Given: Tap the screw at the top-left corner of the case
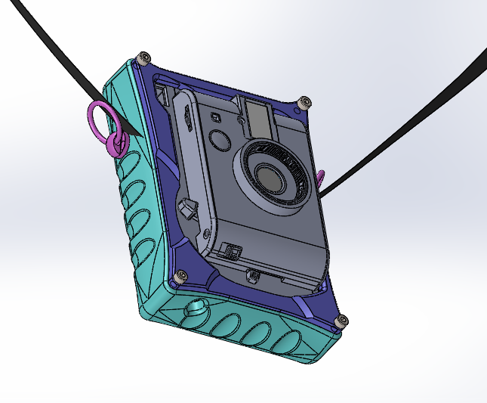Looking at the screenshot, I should [x=144, y=57].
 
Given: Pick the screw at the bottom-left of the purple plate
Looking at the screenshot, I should [x=180, y=277].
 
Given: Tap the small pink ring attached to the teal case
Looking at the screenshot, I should [x=115, y=145].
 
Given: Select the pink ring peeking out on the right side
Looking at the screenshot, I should [x=321, y=179].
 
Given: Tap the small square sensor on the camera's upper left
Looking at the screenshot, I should [x=215, y=116].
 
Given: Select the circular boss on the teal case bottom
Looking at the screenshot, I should [x=199, y=308].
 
